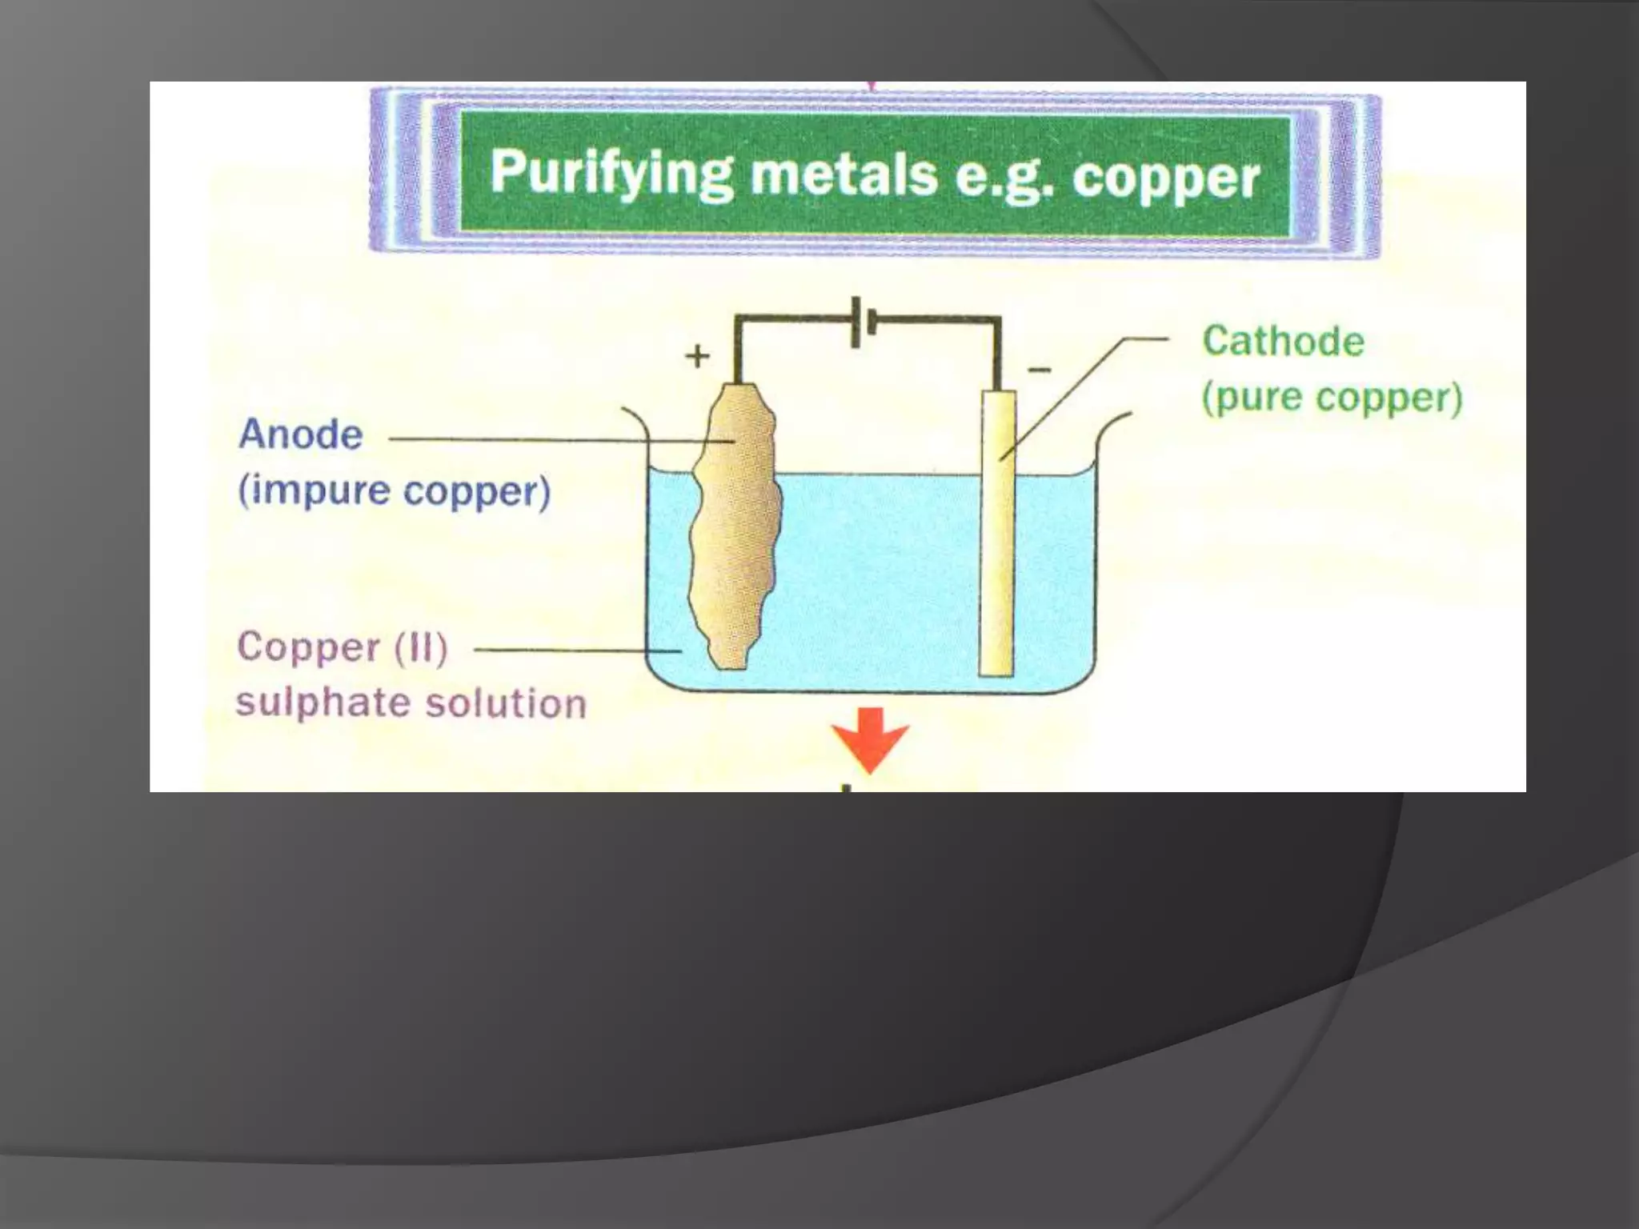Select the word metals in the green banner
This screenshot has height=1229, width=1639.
tap(843, 174)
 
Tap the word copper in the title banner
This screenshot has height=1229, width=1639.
tap(1165, 178)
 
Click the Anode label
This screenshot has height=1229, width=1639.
tap(301, 434)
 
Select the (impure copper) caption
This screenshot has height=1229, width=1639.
tap(395, 490)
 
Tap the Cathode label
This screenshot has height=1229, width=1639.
tap(1283, 342)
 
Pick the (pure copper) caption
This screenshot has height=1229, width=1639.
tap(1332, 398)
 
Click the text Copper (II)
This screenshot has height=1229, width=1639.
tap(343, 647)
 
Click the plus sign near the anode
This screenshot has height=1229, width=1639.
tap(698, 356)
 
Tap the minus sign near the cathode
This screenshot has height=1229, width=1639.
tap(1039, 370)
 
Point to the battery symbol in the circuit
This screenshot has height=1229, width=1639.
tap(862, 322)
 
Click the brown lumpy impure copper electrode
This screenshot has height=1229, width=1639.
tap(735, 528)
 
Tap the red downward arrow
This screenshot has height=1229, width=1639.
tap(870, 736)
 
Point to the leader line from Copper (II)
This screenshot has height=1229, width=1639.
tap(576, 651)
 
